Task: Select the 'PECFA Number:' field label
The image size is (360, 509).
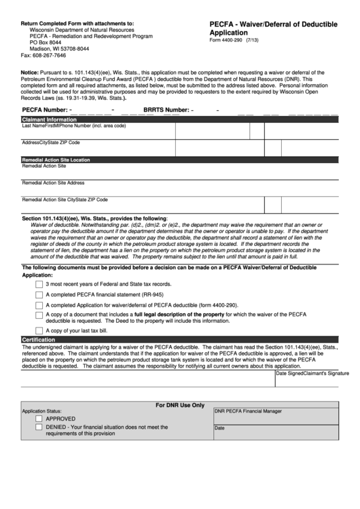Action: click(x=46, y=109)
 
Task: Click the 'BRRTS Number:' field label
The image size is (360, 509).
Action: click(x=166, y=109)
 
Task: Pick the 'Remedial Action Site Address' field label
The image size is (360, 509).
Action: click(x=53, y=183)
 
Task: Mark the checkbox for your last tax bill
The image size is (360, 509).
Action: click(x=39, y=330)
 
